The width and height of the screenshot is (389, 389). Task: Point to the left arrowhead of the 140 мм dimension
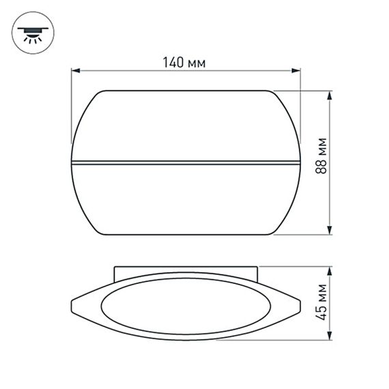pos(75,70)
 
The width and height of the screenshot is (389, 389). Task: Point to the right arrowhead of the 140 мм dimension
pos(297,70)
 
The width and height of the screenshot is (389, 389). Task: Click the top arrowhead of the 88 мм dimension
pos(330,93)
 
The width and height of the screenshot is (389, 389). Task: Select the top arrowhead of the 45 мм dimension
pos(330,270)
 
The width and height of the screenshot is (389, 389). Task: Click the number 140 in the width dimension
pos(175,63)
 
